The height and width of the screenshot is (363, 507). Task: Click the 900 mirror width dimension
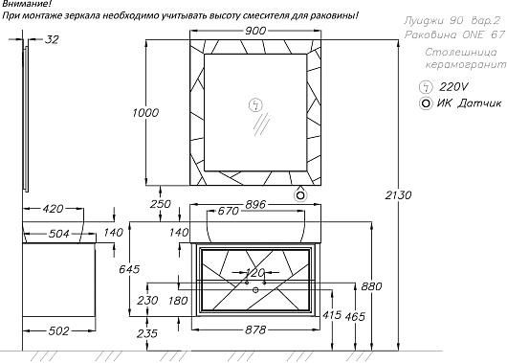tap(255, 31)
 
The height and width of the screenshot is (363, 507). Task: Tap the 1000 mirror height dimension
tap(145, 113)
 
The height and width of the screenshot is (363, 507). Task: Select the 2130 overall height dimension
tap(398, 195)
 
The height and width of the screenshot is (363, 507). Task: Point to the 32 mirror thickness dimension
tap(52, 39)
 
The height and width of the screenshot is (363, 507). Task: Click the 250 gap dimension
tap(161, 204)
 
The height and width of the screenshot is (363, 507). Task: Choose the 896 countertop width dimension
tap(255, 205)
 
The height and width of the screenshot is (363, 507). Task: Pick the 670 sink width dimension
tap(229, 211)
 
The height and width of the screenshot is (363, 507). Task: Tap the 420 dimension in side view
tap(53, 209)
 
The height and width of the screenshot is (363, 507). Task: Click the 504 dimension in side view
tap(59, 234)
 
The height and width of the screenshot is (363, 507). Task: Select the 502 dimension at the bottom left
tap(58, 331)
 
